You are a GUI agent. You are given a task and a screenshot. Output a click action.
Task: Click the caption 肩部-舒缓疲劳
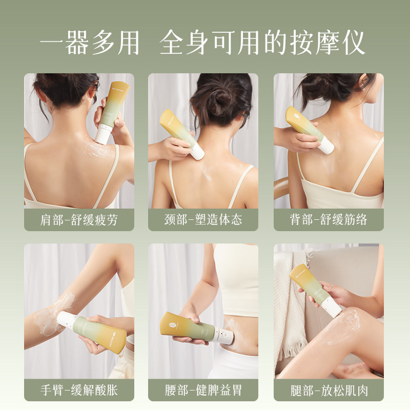coord(79,220)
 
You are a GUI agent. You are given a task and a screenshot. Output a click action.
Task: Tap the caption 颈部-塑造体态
coord(203,220)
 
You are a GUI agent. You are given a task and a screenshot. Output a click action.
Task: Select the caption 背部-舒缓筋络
coord(328,220)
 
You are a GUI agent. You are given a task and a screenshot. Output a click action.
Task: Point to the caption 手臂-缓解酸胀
coord(79,390)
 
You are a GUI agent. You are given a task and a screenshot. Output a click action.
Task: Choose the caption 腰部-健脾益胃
coord(203,390)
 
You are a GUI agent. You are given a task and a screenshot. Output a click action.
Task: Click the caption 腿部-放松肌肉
coord(328,390)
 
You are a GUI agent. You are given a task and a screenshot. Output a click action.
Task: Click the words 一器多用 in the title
coord(90,44)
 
